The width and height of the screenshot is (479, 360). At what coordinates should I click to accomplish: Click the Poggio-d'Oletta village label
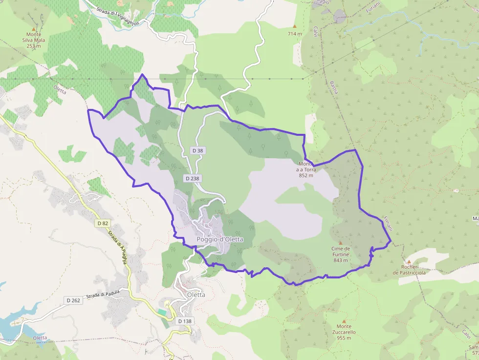[x=219, y=239]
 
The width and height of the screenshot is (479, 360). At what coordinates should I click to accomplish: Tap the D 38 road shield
[x=197, y=151]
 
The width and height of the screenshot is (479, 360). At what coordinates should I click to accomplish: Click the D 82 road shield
[x=102, y=223]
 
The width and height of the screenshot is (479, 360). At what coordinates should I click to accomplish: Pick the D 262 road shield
[x=74, y=300]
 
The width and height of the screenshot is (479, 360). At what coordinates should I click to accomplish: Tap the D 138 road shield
[x=185, y=321]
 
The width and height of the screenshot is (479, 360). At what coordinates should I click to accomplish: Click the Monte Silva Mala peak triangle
[x=34, y=29]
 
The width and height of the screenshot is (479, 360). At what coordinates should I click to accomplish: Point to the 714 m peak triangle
[x=295, y=26]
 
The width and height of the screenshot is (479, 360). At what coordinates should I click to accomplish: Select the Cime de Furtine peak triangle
[x=341, y=242]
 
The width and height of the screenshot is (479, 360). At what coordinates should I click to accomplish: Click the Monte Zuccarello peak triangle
[x=344, y=320]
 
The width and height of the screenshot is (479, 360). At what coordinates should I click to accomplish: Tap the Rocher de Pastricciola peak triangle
[x=409, y=261]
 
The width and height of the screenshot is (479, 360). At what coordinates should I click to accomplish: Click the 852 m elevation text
[x=306, y=175]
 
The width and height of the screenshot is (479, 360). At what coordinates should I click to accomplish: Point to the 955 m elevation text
[x=345, y=338]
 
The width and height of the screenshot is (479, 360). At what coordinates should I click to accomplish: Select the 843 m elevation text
[x=340, y=260]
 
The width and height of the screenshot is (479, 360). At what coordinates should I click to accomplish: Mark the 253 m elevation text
[x=34, y=46]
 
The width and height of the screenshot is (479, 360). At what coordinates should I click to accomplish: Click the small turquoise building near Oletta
[x=162, y=312]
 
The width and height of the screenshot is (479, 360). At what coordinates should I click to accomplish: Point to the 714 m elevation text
[x=295, y=34]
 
